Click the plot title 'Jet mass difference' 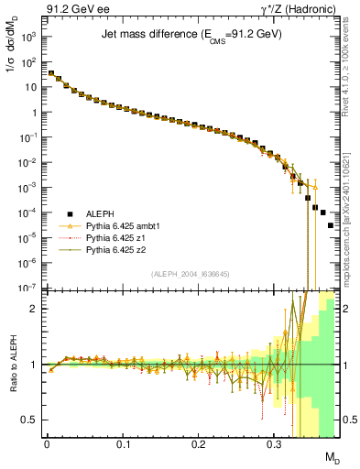pyautogui.click(x=191, y=34)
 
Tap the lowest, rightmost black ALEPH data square pyautogui.click(x=331, y=225)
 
